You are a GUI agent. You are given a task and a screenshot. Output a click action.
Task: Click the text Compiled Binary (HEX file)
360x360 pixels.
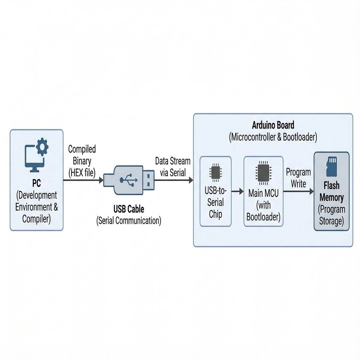tap(82, 161)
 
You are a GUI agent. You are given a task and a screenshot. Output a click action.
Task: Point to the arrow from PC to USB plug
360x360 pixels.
tap(83, 180)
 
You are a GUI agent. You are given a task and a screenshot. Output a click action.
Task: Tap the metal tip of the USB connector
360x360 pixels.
tap(149, 180)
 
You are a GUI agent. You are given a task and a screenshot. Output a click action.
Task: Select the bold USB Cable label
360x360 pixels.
tap(129, 209)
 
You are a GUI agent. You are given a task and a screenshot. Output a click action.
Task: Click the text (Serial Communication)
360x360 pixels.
tap(129, 221)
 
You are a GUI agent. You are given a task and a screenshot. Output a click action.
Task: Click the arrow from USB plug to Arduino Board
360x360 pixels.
tap(174, 180)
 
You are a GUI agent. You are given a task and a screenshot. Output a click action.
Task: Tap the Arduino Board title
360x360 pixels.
tap(273, 125)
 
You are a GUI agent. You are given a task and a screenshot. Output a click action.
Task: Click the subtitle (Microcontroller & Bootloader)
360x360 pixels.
tap(273, 137)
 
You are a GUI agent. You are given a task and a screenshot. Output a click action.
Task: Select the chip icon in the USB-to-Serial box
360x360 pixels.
tap(215, 172)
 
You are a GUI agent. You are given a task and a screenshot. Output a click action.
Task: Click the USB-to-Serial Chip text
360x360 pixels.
tap(216, 202)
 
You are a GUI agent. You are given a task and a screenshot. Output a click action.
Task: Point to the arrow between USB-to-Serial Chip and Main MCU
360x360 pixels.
tap(237, 191)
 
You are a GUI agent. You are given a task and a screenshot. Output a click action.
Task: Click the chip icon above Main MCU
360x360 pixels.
tap(263, 172)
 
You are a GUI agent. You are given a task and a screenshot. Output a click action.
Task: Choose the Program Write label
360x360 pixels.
tap(298, 178)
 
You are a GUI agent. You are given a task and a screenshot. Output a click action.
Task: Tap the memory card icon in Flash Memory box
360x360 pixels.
tap(332, 167)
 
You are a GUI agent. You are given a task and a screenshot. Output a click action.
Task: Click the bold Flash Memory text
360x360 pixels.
tap(332, 191)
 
